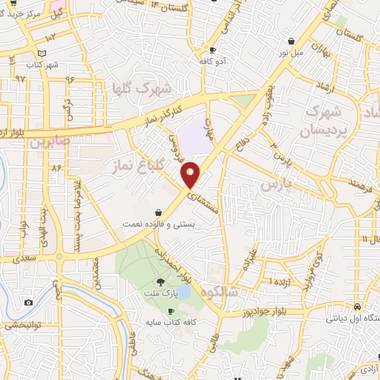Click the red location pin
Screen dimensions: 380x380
coord(191,174)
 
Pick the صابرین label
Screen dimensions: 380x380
coord(49,140)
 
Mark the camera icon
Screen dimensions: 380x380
coord(28,302)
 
